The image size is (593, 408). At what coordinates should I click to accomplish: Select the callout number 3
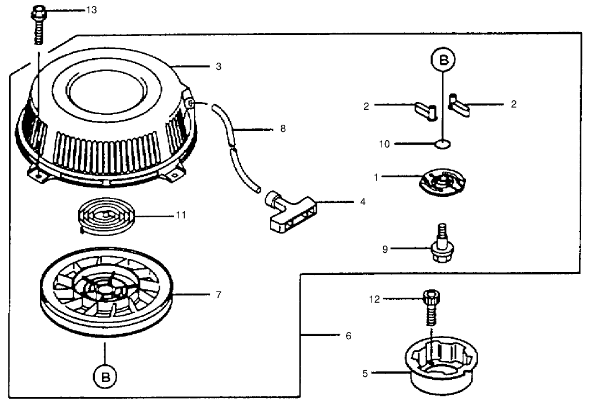click(x=219, y=66)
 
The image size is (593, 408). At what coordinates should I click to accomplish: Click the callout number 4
click(x=362, y=202)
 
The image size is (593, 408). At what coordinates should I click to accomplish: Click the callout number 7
click(x=219, y=295)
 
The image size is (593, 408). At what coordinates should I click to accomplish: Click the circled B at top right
click(x=443, y=61)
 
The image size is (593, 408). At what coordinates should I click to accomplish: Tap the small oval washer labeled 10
click(x=443, y=144)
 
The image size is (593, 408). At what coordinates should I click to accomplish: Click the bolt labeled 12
click(x=429, y=308)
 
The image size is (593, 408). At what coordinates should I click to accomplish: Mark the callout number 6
click(x=348, y=335)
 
